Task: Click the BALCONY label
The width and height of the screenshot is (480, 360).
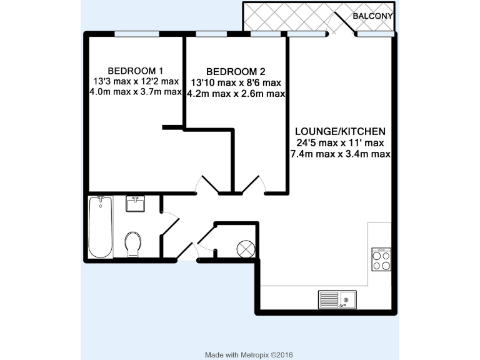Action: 373,16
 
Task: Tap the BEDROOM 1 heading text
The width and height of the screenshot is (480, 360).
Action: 136,70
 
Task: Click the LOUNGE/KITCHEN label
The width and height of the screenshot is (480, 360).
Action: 340,131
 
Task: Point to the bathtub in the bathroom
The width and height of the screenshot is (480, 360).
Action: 101,227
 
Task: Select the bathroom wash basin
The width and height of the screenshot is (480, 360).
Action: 136,204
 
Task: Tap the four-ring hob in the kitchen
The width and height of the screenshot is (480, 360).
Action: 381,260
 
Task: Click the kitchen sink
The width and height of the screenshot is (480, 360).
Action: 337,300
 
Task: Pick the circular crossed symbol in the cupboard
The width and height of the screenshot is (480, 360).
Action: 244,249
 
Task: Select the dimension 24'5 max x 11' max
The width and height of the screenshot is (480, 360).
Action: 340,142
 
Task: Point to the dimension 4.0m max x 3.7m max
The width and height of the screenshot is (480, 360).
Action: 136,92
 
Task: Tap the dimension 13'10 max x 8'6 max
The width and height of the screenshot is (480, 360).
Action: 236,82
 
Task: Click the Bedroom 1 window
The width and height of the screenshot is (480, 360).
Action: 136,34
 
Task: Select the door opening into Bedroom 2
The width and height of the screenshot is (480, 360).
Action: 254,184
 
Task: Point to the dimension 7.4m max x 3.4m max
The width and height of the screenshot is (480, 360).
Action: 340,154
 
